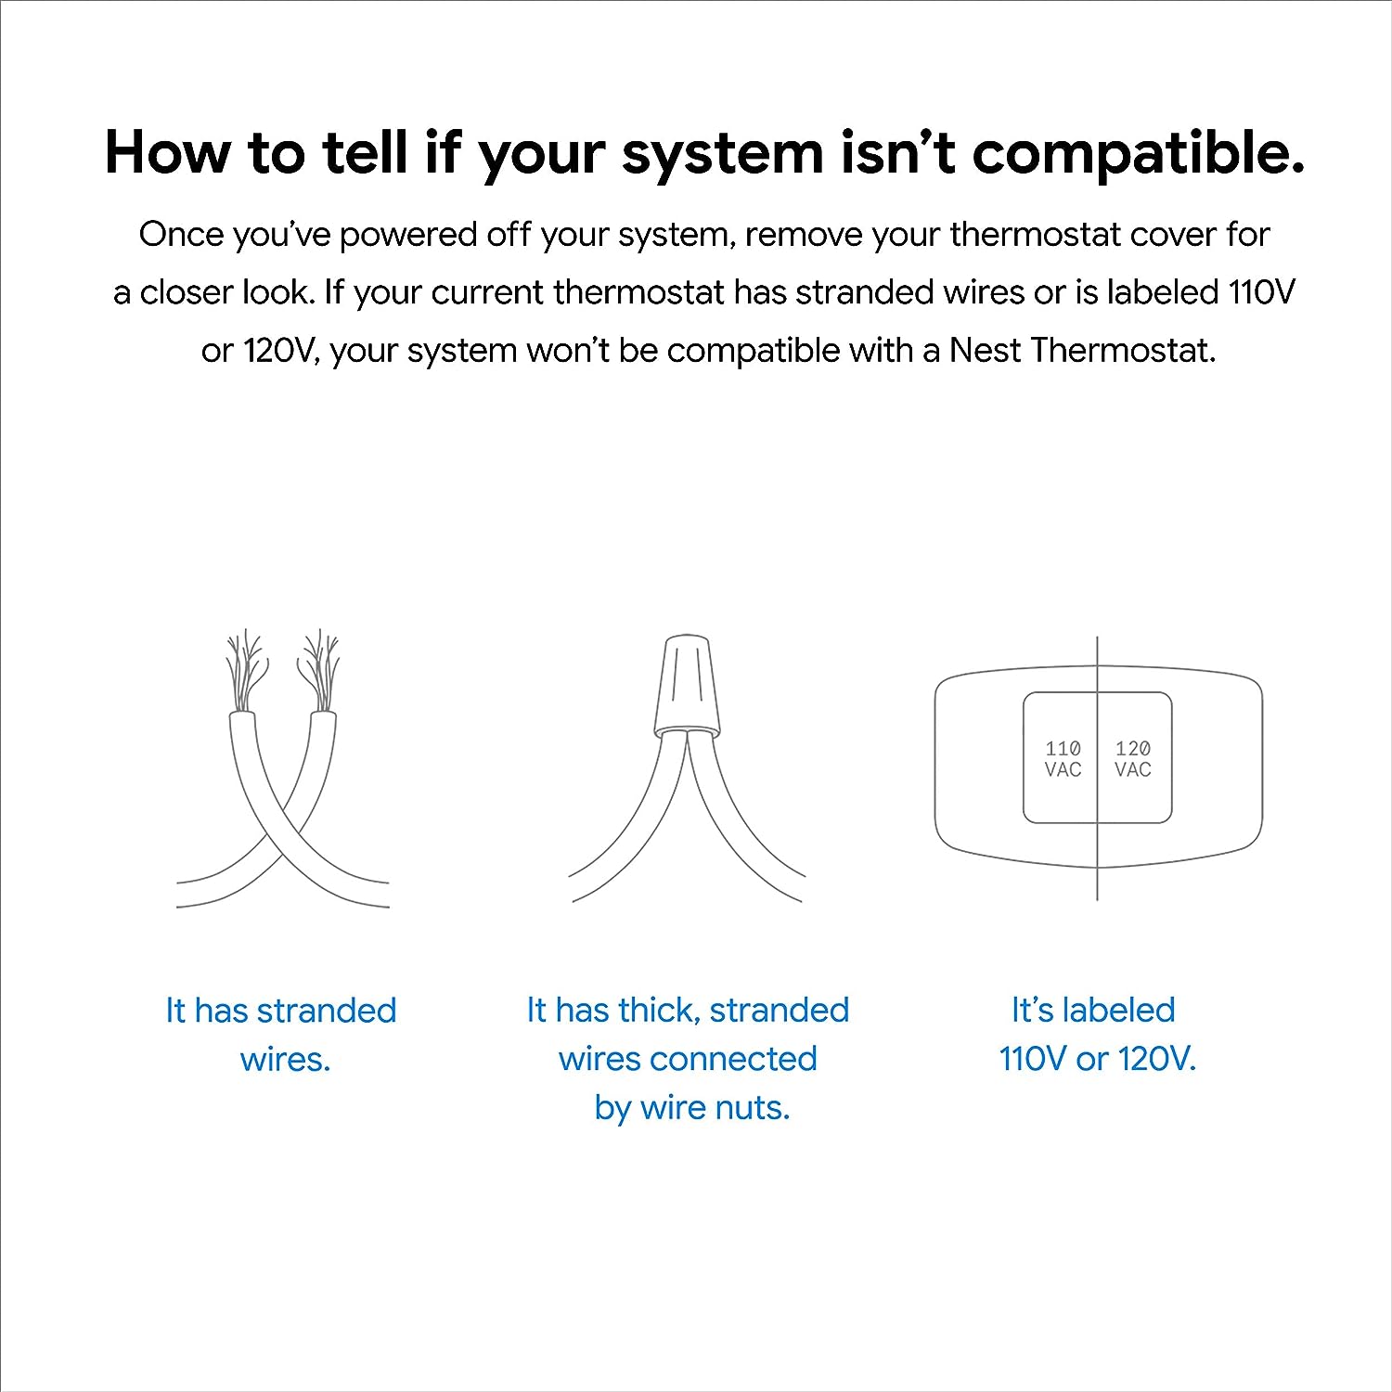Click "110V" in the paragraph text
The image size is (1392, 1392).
pyautogui.click(x=1261, y=292)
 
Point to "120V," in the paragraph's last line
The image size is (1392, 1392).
pyautogui.click(x=278, y=351)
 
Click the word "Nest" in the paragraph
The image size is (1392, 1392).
pyautogui.click(x=984, y=351)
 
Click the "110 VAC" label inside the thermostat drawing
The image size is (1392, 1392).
pyautogui.click(x=1063, y=758)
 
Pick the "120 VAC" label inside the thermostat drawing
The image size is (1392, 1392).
pyautogui.click(x=1133, y=758)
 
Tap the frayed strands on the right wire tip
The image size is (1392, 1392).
pyautogui.click(x=319, y=666)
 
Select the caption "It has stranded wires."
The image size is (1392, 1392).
pyautogui.click(x=281, y=1034)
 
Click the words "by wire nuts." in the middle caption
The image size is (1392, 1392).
pyautogui.click(x=692, y=1107)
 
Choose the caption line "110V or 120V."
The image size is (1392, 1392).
pyautogui.click(x=1098, y=1059)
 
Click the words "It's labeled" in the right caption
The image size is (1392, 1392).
pyautogui.click(x=1093, y=1010)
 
